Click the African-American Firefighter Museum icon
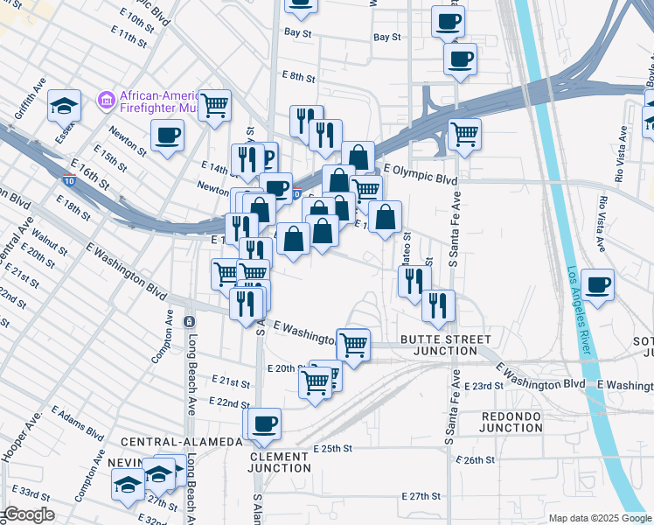pos(107,101)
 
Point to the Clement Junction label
pos(280,462)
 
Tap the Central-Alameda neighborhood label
pos(181,443)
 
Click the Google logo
pos(28,515)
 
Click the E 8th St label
pos(298,77)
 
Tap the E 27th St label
pos(421,496)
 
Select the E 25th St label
pos(332,448)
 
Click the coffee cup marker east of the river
pos(598,285)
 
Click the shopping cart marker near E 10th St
pos(214,106)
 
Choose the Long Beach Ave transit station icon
pos(189,322)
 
